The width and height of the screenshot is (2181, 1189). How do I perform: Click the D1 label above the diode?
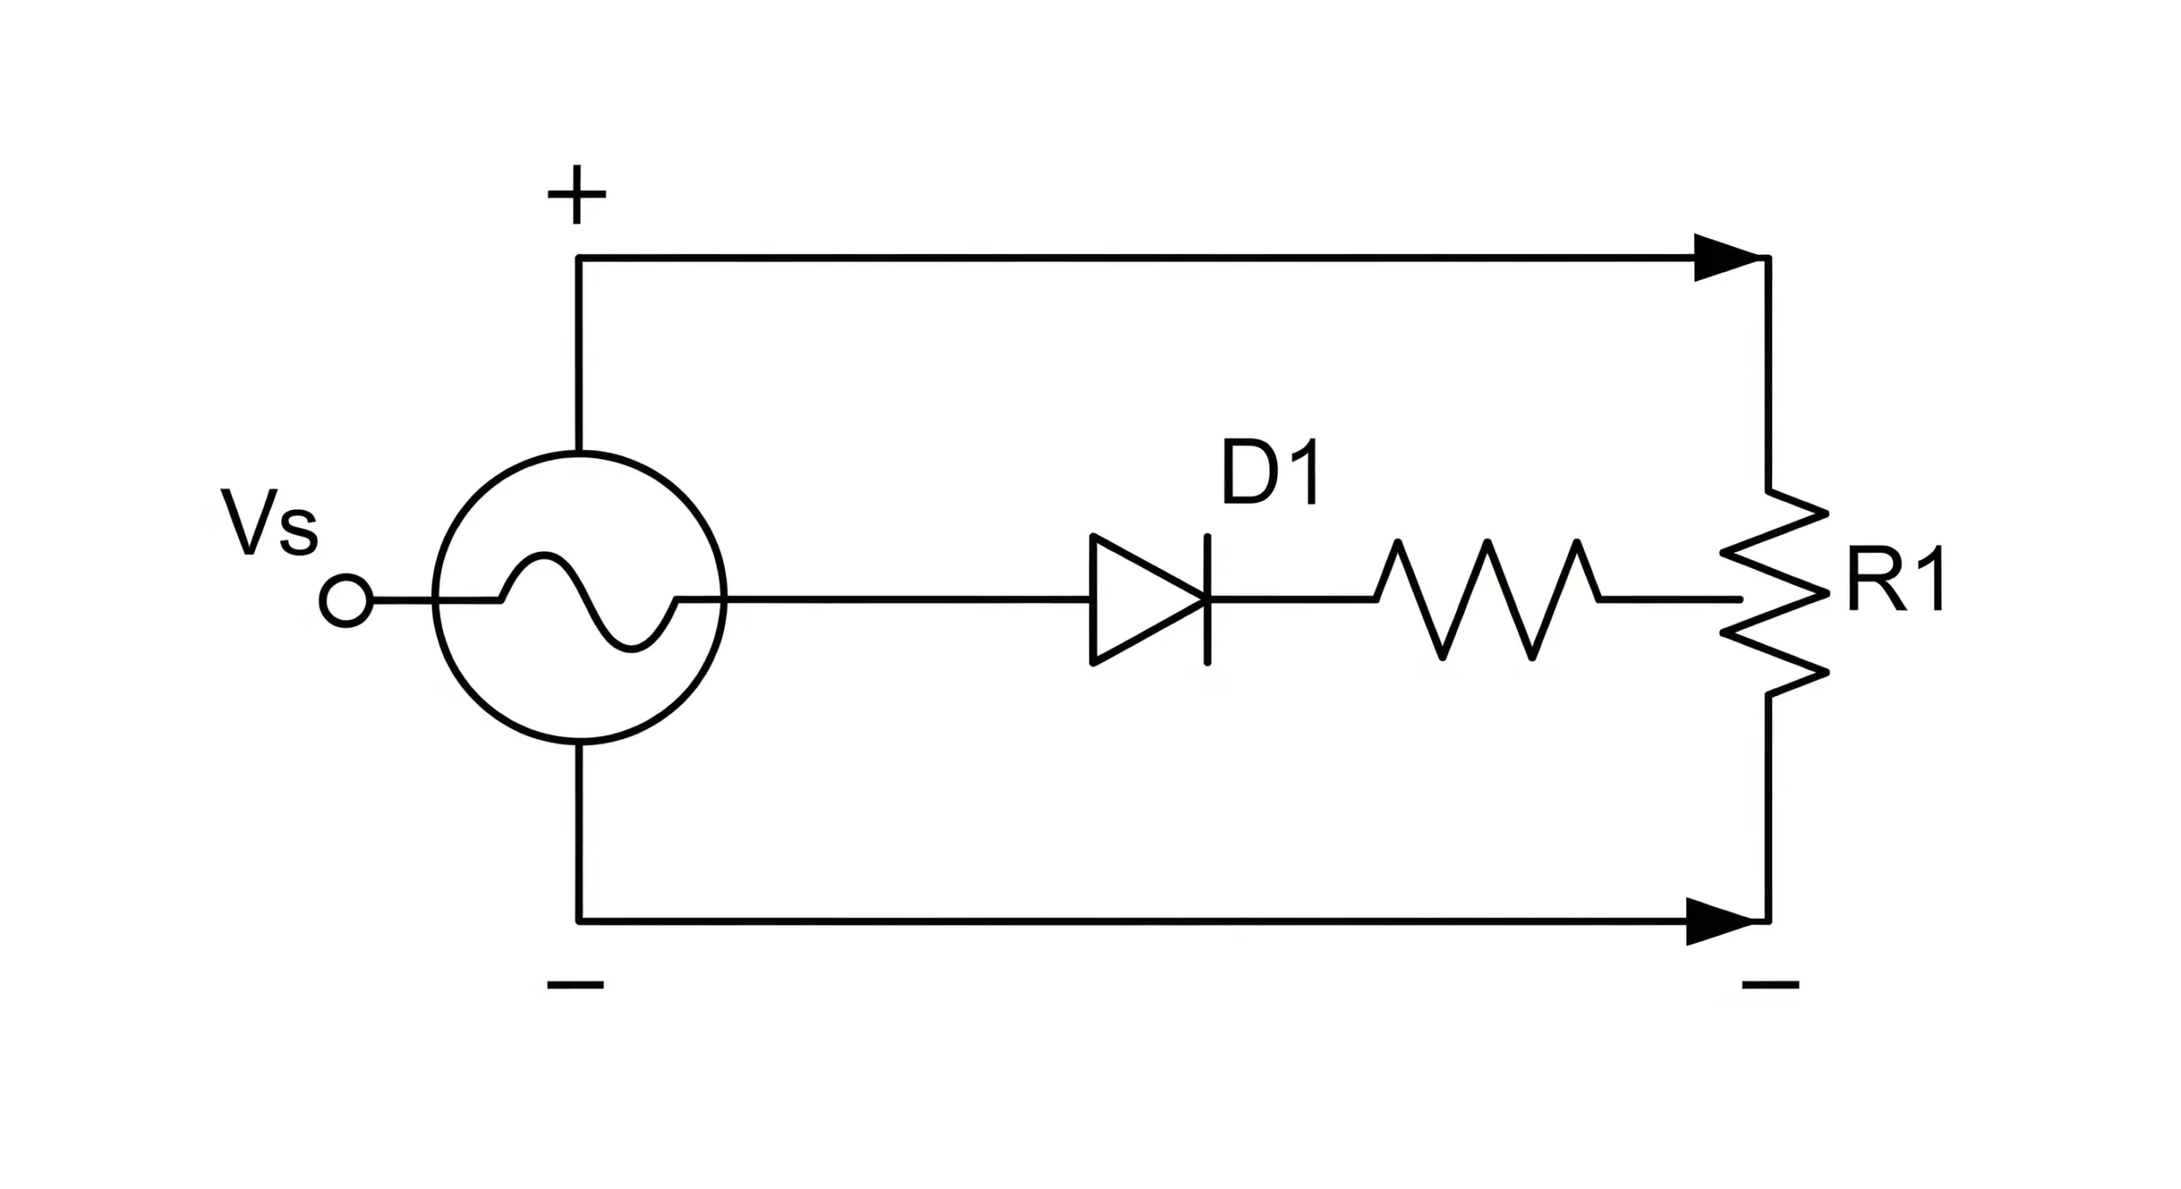[x=1269, y=473]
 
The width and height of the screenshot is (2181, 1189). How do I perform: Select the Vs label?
[x=269, y=523]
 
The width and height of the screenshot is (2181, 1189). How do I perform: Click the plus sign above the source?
[x=577, y=195]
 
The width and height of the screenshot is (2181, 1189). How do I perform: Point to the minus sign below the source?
[x=575, y=985]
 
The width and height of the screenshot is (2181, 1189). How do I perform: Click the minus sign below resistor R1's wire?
[x=1770, y=985]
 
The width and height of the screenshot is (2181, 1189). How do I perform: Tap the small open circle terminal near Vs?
[x=346, y=601]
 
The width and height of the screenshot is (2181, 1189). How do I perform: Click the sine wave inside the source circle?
[x=588, y=602]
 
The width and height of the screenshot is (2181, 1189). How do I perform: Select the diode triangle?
[x=1142, y=600]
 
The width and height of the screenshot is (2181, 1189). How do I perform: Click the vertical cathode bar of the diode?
[x=1207, y=600]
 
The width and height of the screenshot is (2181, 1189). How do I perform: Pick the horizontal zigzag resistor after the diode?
[x=1487, y=600]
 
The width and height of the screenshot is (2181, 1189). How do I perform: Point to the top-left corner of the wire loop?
[x=578, y=257]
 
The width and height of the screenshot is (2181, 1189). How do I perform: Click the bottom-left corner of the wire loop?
[x=578, y=921]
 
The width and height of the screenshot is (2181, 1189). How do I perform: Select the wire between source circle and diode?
[x=903, y=600]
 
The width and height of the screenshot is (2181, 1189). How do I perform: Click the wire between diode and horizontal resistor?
[x=1291, y=600]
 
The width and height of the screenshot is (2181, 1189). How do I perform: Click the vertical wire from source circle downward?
[x=578, y=830]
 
